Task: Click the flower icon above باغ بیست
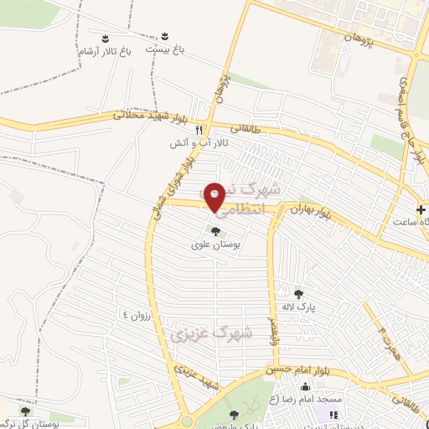(165, 35)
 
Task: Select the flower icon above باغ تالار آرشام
(105, 38)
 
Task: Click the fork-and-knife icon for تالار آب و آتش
(199, 130)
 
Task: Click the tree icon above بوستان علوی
(216, 232)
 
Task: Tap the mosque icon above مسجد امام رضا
(305, 387)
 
